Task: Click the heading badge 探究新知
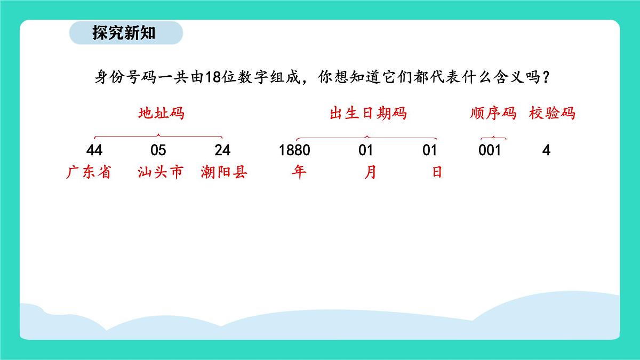tap(126, 33)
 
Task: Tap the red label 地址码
tap(162, 114)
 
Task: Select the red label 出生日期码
tap(368, 114)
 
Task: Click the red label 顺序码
tap(493, 114)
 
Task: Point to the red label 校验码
tap(553, 114)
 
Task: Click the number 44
tap(94, 150)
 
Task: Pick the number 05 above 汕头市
tap(158, 150)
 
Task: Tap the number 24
tap(222, 150)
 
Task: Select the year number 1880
tap(294, 150)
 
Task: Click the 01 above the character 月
tap(366, 150)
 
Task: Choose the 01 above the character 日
tap(430, 150)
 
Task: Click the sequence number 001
tap(490, 150)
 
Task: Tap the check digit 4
tap(546, 150)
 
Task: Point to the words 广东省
tap(89, 173)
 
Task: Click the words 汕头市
tap(160, 173)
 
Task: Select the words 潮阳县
tap(225, 173)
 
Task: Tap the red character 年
tap(300, 173)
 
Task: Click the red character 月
tap(370, 173)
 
